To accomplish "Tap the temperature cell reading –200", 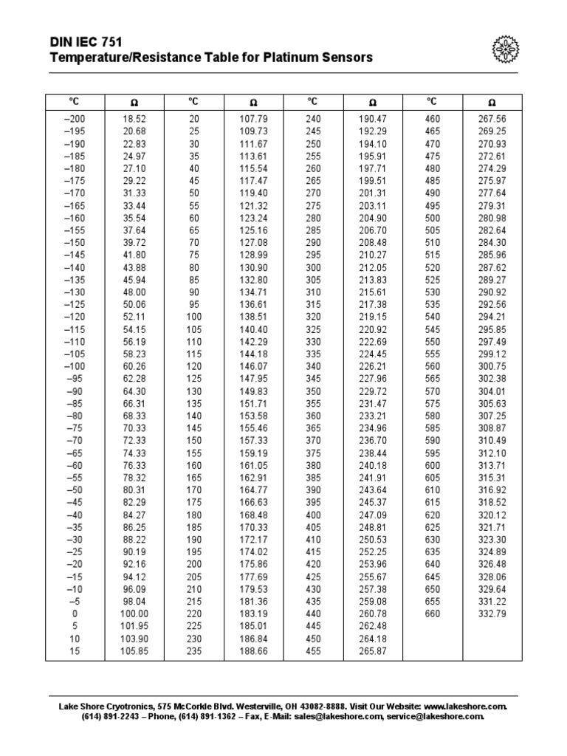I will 75,119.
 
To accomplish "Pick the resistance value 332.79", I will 492,614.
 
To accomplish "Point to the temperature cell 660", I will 432,614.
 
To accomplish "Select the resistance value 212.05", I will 373,267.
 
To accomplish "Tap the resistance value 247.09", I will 373,515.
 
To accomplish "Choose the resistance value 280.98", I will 492,218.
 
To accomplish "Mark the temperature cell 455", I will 312,652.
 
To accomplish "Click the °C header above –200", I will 75,102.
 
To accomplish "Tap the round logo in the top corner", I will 505,49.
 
